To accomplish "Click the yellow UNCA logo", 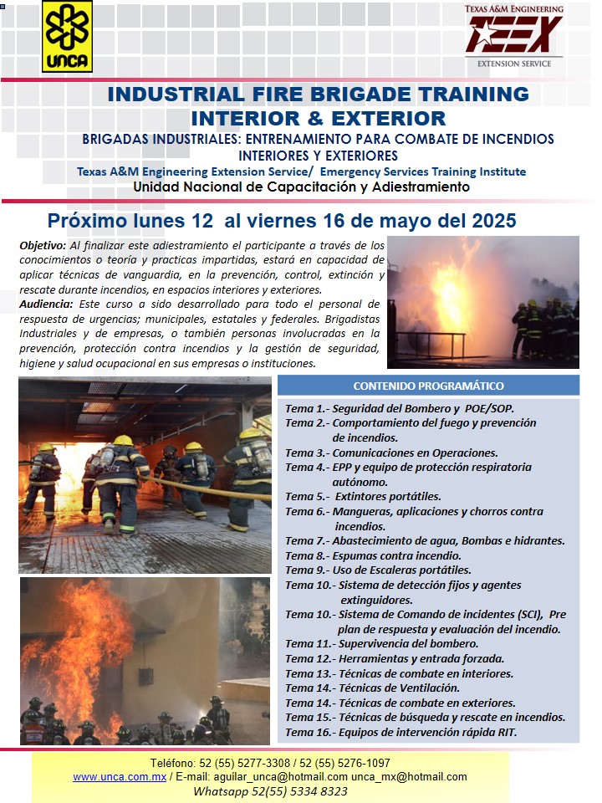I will click(67, 36).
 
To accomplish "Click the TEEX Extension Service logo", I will click(513, 37).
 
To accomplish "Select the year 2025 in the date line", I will click(490, 222).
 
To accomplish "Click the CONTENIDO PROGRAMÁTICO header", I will click(428, 386).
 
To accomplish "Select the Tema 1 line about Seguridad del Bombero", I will click(400, 409).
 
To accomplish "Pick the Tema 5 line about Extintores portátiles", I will click(363, 496).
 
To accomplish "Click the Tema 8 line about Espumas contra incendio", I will click(373, 555).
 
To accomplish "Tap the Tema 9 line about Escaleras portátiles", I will click(378, 570).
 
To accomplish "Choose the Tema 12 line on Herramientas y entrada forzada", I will click(395, 658).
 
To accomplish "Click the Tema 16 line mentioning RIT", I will click(401, 732).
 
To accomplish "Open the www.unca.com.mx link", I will click(120, 777).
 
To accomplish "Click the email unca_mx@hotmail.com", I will click(409, 777).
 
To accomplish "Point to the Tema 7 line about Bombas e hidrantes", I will click(425, 541).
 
